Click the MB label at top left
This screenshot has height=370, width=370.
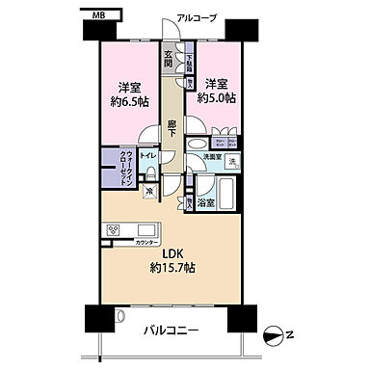point(100,15)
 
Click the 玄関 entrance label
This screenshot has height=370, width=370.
point(168,60)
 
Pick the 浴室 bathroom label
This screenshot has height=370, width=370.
point(206,202)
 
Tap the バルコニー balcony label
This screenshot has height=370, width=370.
point(173,331)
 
